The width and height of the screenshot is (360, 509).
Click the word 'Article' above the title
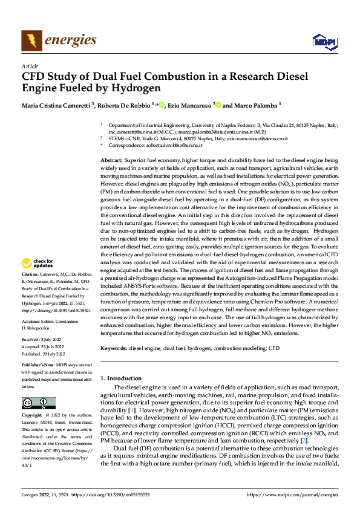[30, 66]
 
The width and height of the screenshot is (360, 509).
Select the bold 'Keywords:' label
[114, 348]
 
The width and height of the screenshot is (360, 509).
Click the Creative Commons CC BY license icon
[38, 403]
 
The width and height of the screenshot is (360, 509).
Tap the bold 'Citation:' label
[30, 274]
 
